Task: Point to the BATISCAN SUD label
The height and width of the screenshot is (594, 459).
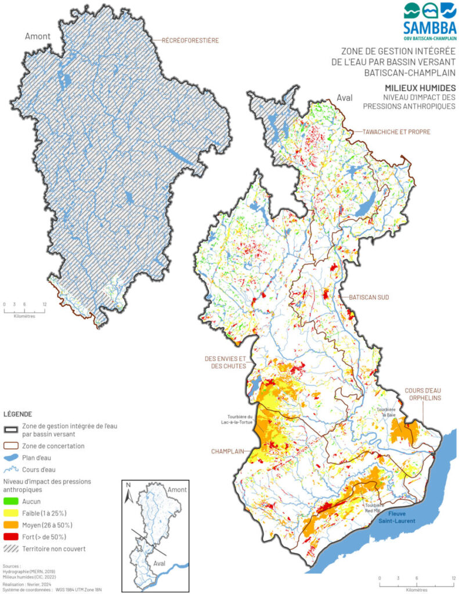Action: click(368, 297)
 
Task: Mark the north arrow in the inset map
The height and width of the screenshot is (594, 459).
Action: click(131, 494)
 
